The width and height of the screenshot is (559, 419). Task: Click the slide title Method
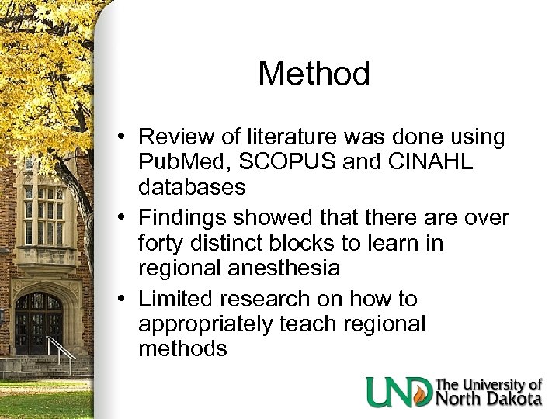[314, 74]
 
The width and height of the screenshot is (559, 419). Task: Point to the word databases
[193, 187]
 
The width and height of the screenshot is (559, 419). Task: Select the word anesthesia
[286, 268]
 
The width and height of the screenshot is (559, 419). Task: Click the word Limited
[179, 299]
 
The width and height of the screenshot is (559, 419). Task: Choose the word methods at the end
[182, 348]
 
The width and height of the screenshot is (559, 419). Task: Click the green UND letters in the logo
[399, 392]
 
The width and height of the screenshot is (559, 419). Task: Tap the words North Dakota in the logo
[488, 399]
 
